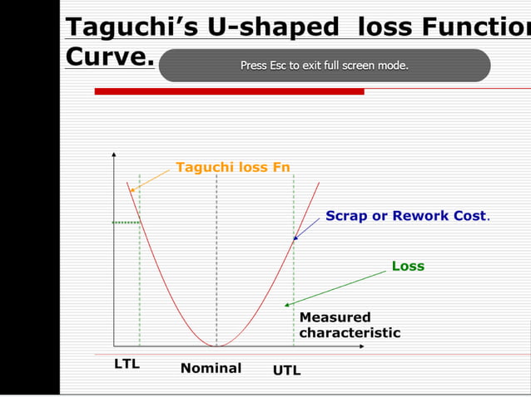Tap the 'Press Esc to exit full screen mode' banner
[324, 65]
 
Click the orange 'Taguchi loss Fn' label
[232, 167]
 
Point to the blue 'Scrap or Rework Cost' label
[406, 215]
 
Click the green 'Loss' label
[408, 266]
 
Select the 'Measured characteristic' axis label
[350, 325]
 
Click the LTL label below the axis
[127, 364]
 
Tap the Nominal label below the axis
[211, 368]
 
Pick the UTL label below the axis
[287, 370]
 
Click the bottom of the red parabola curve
[217, 345]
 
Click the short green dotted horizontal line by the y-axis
[126, 223]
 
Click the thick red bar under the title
[229, 91]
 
